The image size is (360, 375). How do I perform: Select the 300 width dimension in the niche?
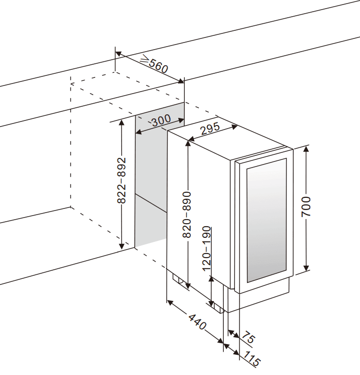point(161,120)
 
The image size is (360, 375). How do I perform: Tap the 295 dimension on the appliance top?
point(209,129)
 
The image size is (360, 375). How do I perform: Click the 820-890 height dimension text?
point(187,215)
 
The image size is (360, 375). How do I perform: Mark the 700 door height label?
point(306,207)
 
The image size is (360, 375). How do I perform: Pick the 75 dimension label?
point(248,338)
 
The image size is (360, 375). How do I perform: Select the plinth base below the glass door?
point(258,299)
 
